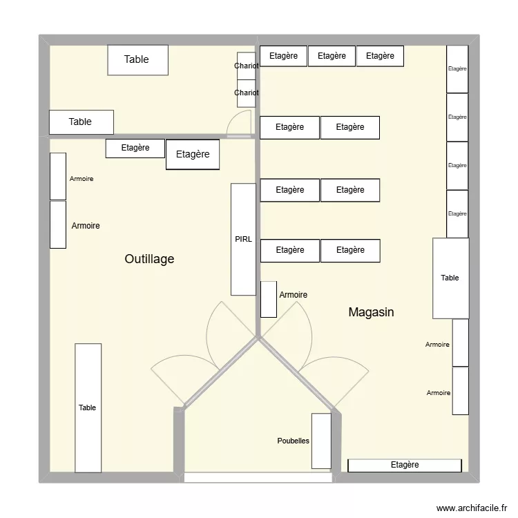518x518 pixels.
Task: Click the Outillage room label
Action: tap(149, 259)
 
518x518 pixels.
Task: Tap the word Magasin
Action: tap(371, 312)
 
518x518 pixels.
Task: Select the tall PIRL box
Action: tap(243, 239)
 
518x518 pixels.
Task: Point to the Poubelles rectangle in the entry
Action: tap(321, 441)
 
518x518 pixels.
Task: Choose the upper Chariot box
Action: tap(247, 66)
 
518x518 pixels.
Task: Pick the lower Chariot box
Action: tap(247, 93)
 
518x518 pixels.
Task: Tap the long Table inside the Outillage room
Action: tap(88, 407)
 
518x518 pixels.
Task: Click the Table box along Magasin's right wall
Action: tap(450, 278)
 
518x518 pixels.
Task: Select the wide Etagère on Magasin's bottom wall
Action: tap(404, 465)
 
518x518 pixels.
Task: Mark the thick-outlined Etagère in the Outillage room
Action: tap(193, 155)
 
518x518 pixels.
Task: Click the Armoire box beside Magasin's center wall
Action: tap(269, 299)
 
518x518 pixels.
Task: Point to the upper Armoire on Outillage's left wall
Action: tap(58, 176)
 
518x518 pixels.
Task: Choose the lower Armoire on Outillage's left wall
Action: tap(58, 224)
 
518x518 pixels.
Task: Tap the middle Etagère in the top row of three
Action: tap(332, 56)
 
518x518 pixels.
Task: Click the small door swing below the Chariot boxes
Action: tap(239, 125)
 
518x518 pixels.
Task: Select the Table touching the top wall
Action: tap(137, 59)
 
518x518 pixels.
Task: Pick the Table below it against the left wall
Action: tap(80, 122)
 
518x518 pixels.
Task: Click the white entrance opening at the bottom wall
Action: tap(258, 477)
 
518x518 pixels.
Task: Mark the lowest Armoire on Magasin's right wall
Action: tap(460, 391)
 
